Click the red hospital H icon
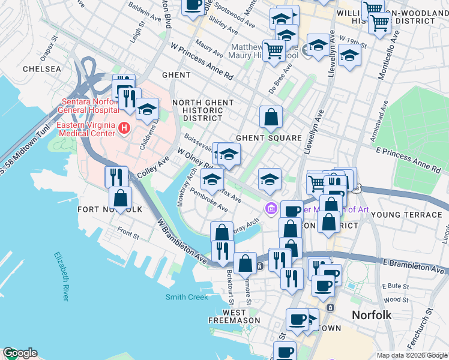coord(124,127)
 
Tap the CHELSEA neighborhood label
coord(42,69)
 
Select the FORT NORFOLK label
coord(110,209)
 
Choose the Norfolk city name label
coord(372,315)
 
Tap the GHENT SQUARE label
coord(268,138)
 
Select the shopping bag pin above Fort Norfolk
coord(121,197)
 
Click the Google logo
coord(20,353)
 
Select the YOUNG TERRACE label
coord(406,214)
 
